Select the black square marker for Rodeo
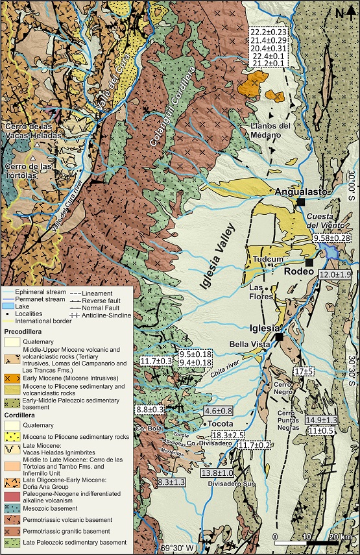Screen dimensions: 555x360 point(309,262)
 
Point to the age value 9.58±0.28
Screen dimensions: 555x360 point(331,239)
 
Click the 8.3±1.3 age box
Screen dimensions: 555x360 point(171,482)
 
